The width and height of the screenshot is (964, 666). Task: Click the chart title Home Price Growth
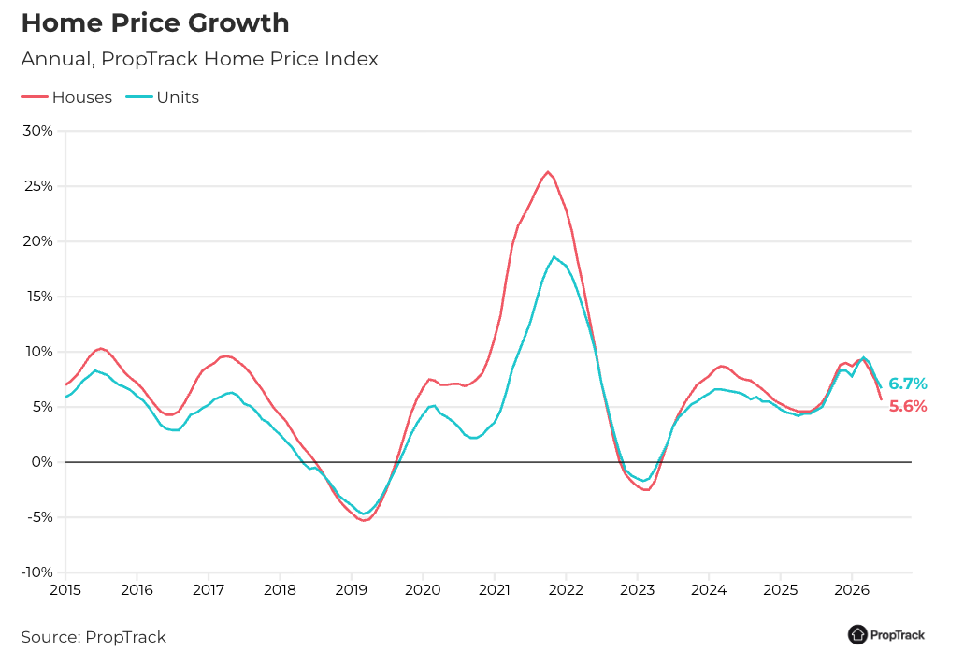(155, 23)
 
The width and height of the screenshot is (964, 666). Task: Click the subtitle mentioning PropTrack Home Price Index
(199, 59)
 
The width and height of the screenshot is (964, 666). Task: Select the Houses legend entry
(66, 97)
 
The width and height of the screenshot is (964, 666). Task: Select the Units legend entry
(163, 97)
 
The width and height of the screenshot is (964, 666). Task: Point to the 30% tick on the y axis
(37, 131)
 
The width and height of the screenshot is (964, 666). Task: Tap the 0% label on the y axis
(42, 462)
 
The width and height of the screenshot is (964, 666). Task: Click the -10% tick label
(36, 572)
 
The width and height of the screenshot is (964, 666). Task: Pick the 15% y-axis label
(38, 297)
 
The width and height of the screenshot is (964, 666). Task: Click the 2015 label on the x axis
(65, 590)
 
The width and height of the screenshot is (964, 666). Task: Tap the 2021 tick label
(495, 590)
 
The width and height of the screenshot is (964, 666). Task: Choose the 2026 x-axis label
(852, 590)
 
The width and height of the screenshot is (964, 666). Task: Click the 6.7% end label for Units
(908, 384)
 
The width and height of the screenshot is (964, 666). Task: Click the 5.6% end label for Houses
(908, 407)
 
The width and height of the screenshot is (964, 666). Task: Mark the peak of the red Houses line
(548, 171)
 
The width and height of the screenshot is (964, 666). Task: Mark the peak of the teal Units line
(554, 256)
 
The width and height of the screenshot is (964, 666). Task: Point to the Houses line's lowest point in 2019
(364, 521)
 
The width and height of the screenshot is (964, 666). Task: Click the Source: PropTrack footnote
(94, 637)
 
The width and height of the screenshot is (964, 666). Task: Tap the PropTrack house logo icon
(857, 634)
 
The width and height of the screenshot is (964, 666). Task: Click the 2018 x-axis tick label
(280, 590)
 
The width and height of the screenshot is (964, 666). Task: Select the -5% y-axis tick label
(40, 517)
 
